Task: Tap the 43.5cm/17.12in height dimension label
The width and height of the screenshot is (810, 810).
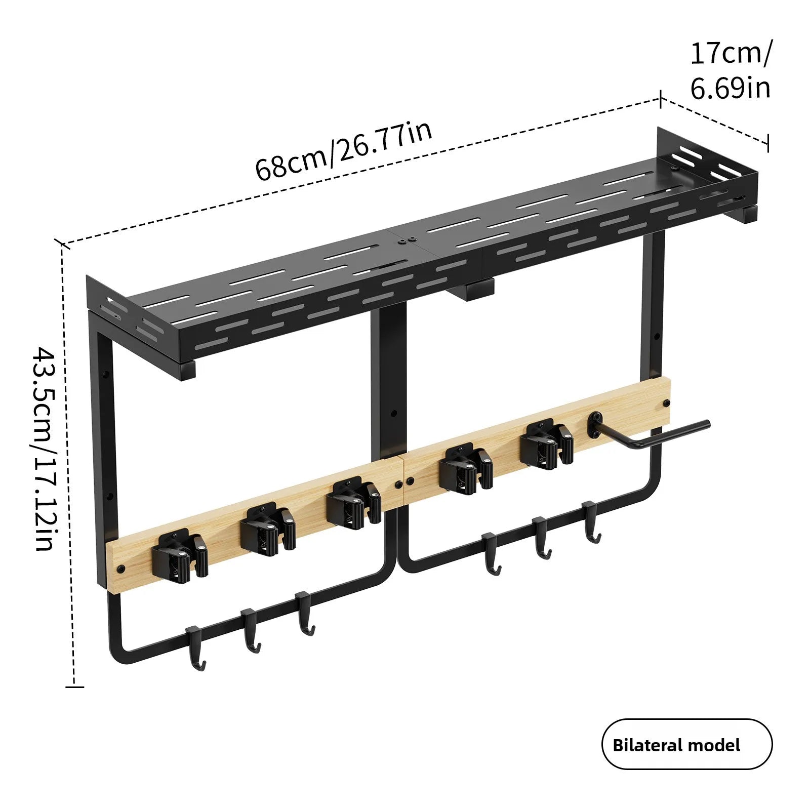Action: tap(44, 449)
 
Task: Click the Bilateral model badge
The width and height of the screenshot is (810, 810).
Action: tap(687, 745)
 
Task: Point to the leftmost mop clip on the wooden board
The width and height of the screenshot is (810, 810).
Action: tap(180, 555)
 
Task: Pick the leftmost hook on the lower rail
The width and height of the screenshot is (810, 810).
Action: tap(195, 649)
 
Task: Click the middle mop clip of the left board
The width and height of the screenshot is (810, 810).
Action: tap(268, 527)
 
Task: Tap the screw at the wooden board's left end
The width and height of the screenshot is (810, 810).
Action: tap(121, 568)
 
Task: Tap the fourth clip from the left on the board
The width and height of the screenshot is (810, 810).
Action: tap(466, 468)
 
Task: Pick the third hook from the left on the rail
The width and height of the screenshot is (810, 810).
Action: tap(305, 613)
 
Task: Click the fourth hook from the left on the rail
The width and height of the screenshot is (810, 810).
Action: tap(492, 554)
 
